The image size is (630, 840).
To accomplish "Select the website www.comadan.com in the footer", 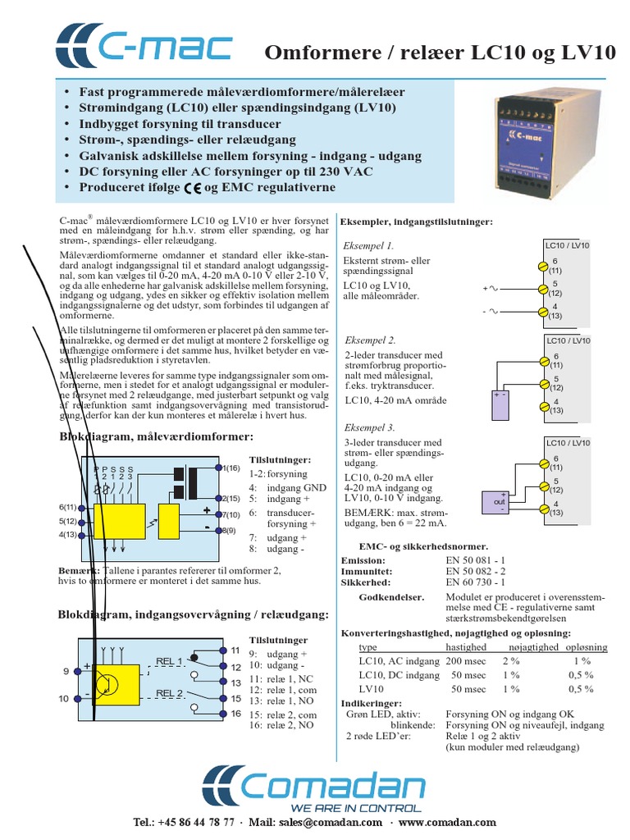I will click(448, 822).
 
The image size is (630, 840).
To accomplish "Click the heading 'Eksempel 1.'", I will click(369, 245).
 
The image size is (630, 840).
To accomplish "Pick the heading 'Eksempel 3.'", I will click(371, 427).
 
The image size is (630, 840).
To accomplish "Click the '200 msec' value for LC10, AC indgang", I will click(465, 660).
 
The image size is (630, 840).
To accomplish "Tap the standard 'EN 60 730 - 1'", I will click(477, 582).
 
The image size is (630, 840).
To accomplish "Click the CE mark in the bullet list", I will click(193, 188).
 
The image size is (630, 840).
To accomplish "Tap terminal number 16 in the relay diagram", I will click(235, 713).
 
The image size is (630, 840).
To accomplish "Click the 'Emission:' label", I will click(363, 560).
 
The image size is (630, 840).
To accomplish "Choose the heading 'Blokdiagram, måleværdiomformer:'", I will click(156, 436).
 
